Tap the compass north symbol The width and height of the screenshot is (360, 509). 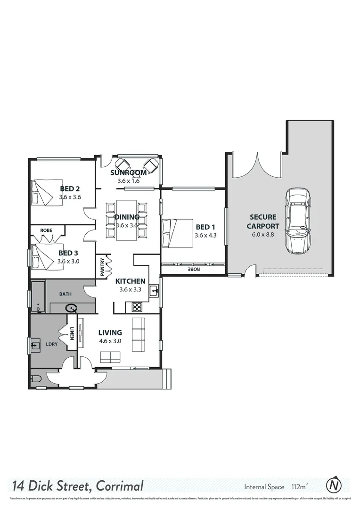334,484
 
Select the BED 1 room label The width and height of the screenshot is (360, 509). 205,227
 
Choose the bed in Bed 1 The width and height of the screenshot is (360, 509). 177,233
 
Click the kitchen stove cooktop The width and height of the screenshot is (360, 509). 137,307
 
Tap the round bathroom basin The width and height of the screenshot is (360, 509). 72,309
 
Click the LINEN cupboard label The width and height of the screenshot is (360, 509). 72,333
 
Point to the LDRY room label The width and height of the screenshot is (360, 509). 51,344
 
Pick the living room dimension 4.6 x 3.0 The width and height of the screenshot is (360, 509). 110,341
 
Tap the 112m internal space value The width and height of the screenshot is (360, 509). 297,486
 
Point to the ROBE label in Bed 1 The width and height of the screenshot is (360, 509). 194,269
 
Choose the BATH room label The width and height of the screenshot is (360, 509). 65,294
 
